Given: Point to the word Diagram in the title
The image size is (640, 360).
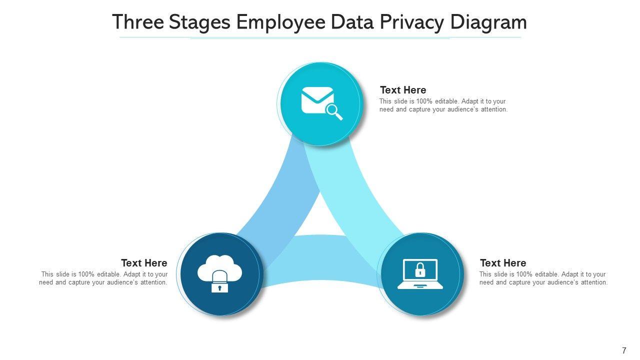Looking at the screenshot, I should [488, 22].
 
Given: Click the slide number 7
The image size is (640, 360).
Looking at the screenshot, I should [624, 350].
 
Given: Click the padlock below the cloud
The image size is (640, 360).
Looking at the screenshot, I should [219, 283].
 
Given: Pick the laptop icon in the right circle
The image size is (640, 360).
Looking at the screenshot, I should [420, 274].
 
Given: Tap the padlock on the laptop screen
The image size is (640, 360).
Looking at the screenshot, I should [420, 270].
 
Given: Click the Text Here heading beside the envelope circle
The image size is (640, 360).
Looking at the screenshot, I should [403, 90].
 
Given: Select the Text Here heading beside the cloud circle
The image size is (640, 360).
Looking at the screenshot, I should [144, 263].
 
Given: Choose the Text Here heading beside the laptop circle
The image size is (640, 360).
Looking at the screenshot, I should [503, 263].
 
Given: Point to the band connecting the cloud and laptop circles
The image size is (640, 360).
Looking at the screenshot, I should [320, 260].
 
